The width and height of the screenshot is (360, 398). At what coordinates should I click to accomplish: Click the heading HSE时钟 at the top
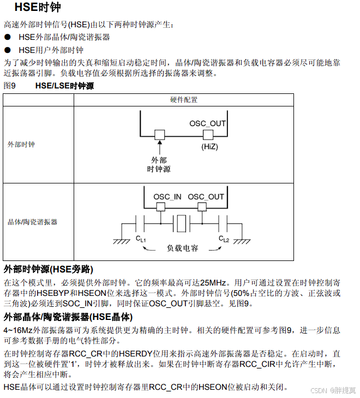(x=37, y=8)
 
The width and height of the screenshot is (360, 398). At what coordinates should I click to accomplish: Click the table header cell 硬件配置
(x=184, y=100)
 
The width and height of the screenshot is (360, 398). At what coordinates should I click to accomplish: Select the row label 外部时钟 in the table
(x=21, y=145)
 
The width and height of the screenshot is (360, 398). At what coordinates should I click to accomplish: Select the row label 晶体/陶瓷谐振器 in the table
(x=32, y=222)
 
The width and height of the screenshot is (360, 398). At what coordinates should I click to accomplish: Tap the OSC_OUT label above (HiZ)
(x=207, y=123)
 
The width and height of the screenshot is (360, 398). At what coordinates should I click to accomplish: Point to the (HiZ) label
(x=209, y=146)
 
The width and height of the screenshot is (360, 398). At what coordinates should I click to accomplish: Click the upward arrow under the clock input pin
(x=159, y=146)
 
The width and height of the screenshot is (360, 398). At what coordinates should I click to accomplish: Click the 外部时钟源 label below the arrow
(x=159, y=164)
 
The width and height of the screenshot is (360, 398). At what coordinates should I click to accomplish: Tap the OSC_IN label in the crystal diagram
(x=167, y=197)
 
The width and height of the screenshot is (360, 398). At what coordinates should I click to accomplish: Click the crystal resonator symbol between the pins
(x=181, y=222)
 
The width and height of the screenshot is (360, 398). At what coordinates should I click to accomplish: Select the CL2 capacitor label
(x=224, y=239)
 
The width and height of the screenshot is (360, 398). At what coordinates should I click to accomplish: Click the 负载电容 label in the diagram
(x=182, y=248)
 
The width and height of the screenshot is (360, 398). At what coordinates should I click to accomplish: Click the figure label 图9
(x=9, y=86)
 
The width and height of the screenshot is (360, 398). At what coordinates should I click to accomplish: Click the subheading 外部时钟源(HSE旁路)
(x=48, y=270)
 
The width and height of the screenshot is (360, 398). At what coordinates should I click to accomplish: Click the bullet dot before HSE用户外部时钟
(x=8, y=50)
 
